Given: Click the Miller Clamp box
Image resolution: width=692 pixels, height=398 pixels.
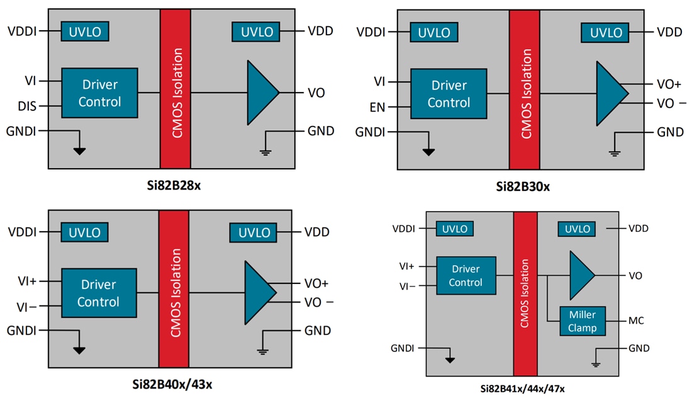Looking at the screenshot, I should pos(582,321).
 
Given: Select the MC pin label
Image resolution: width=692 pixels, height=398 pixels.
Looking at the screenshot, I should pos(636,321).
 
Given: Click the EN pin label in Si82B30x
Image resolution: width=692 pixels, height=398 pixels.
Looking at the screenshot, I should pos(377,108).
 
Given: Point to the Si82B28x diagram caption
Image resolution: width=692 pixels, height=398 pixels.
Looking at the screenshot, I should pos(171,187).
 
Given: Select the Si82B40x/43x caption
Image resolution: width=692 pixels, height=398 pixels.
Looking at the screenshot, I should pos(171,384).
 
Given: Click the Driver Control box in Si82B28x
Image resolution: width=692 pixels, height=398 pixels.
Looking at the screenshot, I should pos(99,93).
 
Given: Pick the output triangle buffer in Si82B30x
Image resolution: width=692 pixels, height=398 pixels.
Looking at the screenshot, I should pos(610,93).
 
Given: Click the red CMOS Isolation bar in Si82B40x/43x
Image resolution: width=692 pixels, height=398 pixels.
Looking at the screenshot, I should pos(174,289).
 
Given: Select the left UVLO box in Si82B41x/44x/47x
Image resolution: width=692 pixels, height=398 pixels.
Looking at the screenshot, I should pos(455,229).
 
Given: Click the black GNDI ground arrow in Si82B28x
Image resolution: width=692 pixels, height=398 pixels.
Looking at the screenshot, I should pos(79,151).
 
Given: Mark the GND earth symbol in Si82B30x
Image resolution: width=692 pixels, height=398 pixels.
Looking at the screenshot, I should pos(614,152).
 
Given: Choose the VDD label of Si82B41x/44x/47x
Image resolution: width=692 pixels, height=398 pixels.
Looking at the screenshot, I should pos(639,229).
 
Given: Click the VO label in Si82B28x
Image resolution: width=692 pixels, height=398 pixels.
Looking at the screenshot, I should pos(316,93).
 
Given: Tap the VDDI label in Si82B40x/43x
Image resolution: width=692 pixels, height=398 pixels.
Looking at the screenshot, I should pos(23,232).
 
